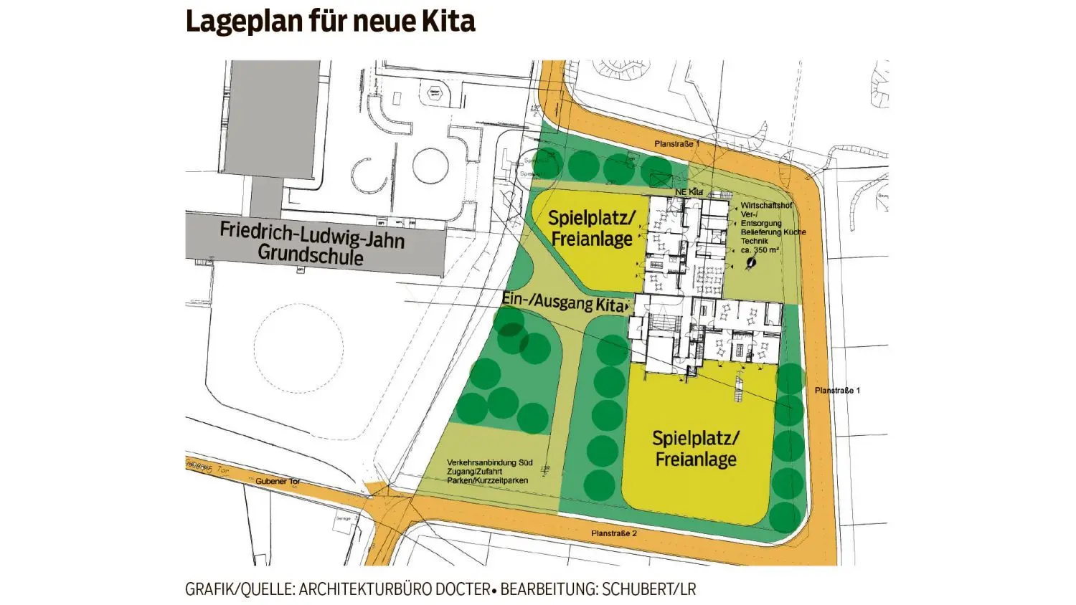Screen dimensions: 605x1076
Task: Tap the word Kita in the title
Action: [x=449, y=22]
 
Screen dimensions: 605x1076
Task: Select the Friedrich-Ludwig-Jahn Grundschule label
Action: [x=312, y=243]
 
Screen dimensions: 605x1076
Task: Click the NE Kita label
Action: [x=689, y=192]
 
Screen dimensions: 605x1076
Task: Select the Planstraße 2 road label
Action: [x=614, y=533]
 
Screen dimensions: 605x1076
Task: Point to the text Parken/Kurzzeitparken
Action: [x=487, y=480]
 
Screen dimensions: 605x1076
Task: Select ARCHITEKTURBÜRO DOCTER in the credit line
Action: [x=395, y=589]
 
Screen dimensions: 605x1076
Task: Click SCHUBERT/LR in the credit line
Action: [x=649, y=589]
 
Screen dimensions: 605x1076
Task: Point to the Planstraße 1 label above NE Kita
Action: [x=677, y=144]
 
